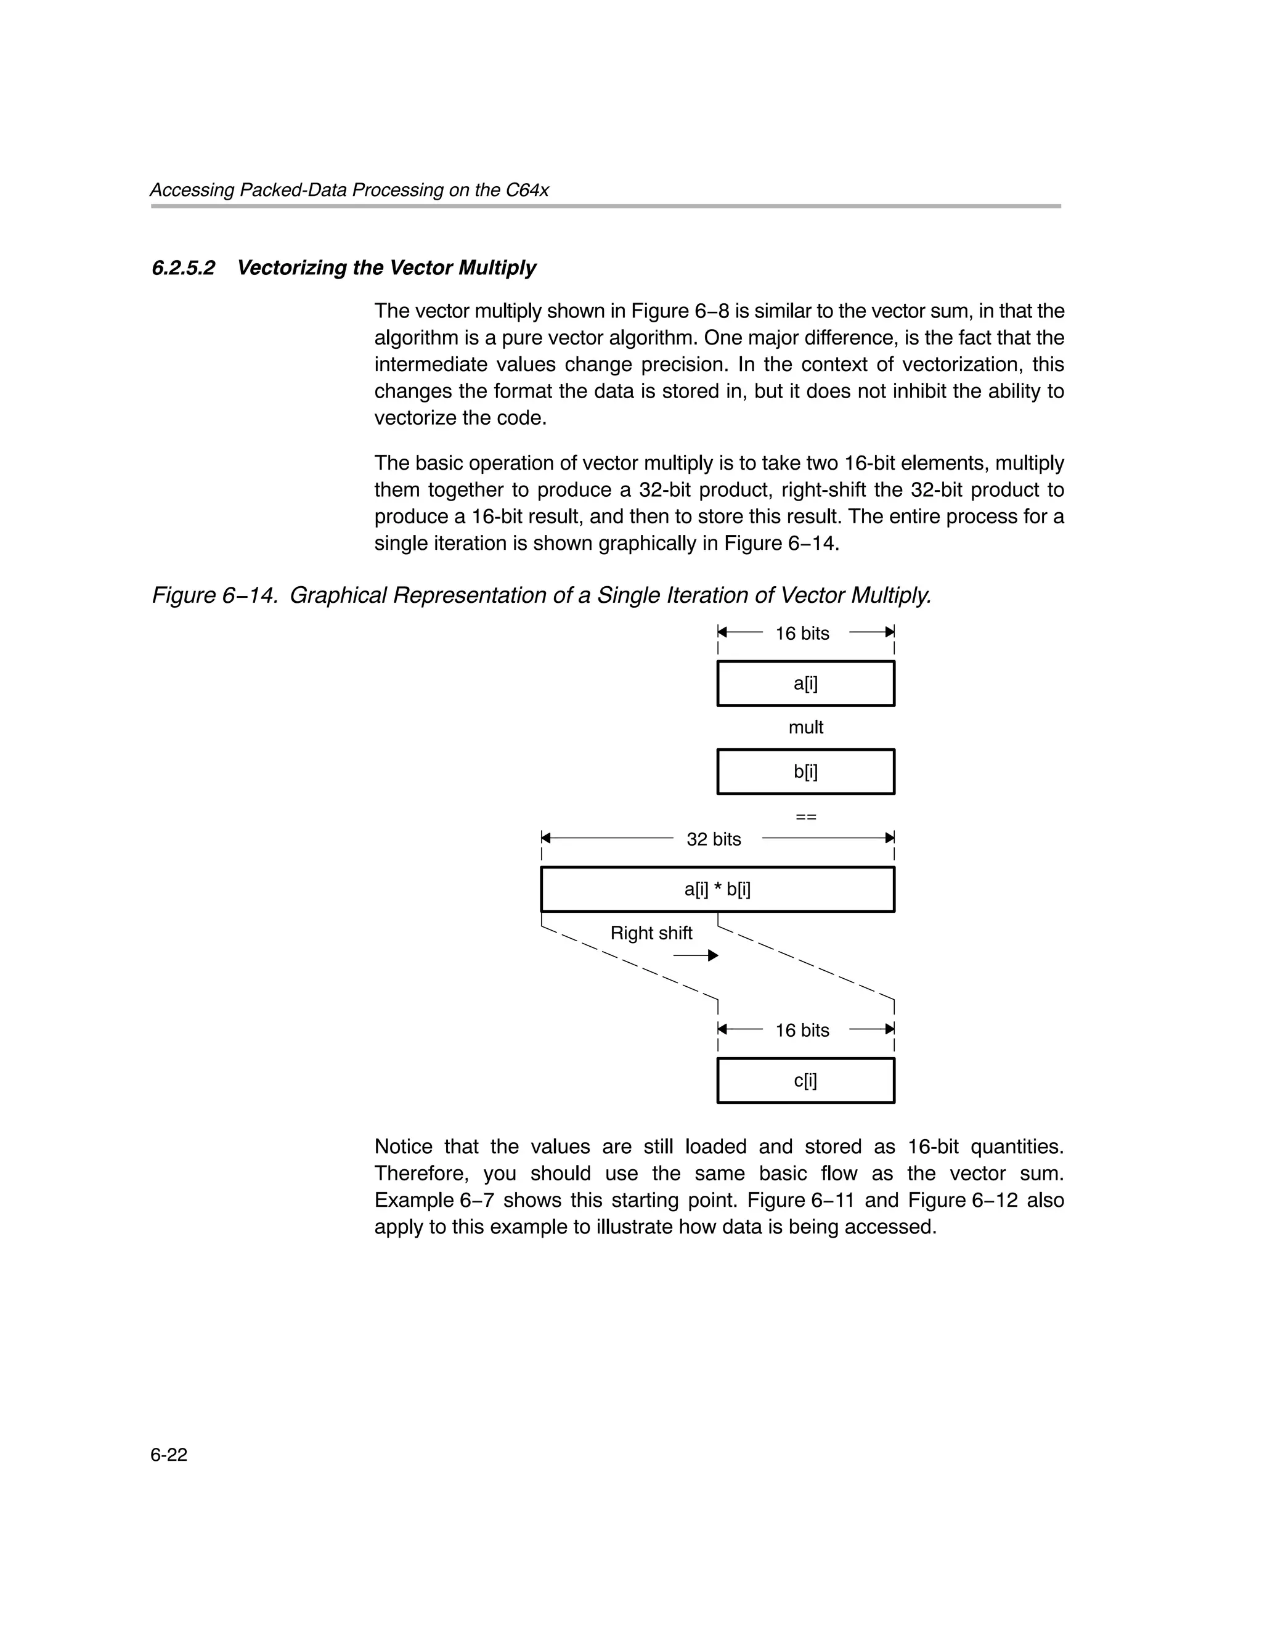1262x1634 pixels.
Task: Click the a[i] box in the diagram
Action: click(x=805, y=683)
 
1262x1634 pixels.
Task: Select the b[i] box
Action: click(x=805, y=771)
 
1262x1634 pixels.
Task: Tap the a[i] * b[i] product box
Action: click(x=717, y=889)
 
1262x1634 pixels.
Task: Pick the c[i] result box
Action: click(x=805, y=1080)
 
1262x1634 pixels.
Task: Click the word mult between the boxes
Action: click(x=805, y=727)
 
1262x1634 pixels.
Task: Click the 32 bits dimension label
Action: click(x=713, y=839)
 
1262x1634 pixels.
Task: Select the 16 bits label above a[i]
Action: click(x=802, y=634)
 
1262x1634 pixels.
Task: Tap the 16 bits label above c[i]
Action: click(x=802, y=1030)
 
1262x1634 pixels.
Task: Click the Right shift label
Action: click(x=651, y=933)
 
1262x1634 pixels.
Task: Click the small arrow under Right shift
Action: click(x=695, y=955)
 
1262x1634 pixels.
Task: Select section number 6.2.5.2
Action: click(x=183, y=268)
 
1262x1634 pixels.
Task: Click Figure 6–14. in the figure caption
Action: click(x=216, y=595)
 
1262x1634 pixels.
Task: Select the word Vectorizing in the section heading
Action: click(x=293, y=268)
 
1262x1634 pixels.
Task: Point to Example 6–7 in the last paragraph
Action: click(x=434, y=1200)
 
